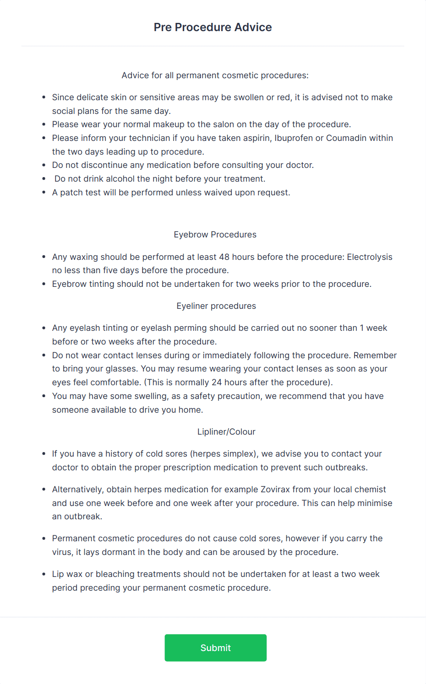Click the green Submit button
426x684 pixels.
215,647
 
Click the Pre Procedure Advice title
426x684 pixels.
213,27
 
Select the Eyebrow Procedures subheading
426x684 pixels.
215,235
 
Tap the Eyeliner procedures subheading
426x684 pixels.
216,306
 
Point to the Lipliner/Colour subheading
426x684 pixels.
226,432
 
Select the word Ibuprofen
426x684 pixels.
293,138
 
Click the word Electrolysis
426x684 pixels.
369,257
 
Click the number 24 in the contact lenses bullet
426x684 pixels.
217,382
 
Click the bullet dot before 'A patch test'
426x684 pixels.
44,193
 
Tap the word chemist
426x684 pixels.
370,490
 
